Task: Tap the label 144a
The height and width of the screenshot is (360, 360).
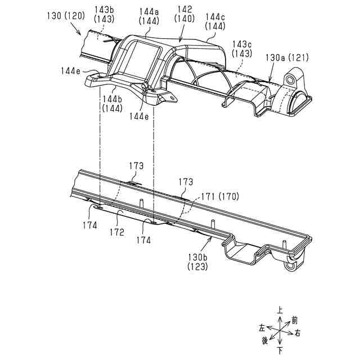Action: (148, 10)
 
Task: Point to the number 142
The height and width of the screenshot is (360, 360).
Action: (184, 10)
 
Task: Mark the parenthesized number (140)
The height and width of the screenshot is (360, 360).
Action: (184, 18)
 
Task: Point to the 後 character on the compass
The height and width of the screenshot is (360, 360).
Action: (264, 340)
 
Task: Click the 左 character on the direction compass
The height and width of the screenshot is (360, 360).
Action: (262, 327)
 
